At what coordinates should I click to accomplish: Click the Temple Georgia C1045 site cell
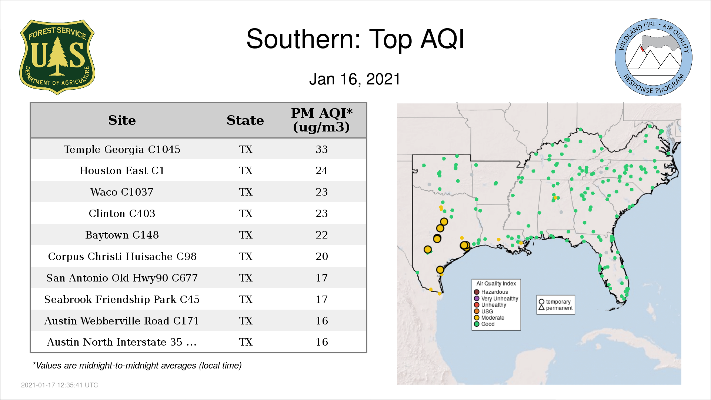(x=122, y=149)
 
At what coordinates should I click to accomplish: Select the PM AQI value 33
(x=321, y=149)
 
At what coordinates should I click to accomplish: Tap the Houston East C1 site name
(x=122, y=170)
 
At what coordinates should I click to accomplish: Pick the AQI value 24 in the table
(x=321, y=170)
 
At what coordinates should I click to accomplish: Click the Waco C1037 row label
(x=122, y=192)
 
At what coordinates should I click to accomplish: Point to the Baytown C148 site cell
(x=122, y=235)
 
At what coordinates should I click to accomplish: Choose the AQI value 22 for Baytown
(x=321, y=235)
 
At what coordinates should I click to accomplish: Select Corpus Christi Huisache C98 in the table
(x=122, y=256)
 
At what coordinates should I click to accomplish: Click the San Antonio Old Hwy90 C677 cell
(x=122, y=278)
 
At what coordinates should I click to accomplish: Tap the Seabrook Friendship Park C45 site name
(x=122, y=299)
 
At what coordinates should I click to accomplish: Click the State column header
(x=245, y=120)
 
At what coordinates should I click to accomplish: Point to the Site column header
(x=122, y=120)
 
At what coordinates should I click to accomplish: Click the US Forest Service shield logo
(x=57, y=57)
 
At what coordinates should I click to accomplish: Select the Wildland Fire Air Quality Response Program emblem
(x=654, y=57)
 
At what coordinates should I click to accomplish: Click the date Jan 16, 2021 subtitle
(x=355, y=79)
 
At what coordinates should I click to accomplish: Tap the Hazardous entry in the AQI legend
(x=491, y=292)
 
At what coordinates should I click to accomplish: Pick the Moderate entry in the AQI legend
(x=489, y=318)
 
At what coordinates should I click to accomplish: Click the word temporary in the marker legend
(x=558, y=302)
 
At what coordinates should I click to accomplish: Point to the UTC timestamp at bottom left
(x=60, y=385)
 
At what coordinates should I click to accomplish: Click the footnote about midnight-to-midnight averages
(x=137, y=366)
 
